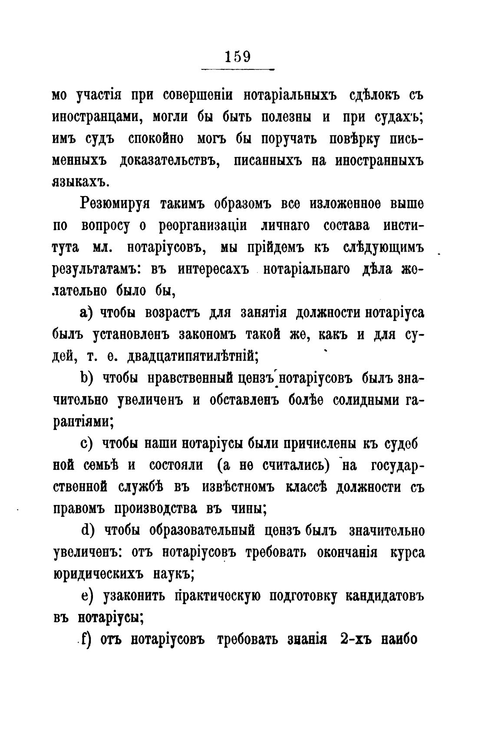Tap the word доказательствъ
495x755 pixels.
170,161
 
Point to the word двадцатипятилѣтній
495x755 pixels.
192,357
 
